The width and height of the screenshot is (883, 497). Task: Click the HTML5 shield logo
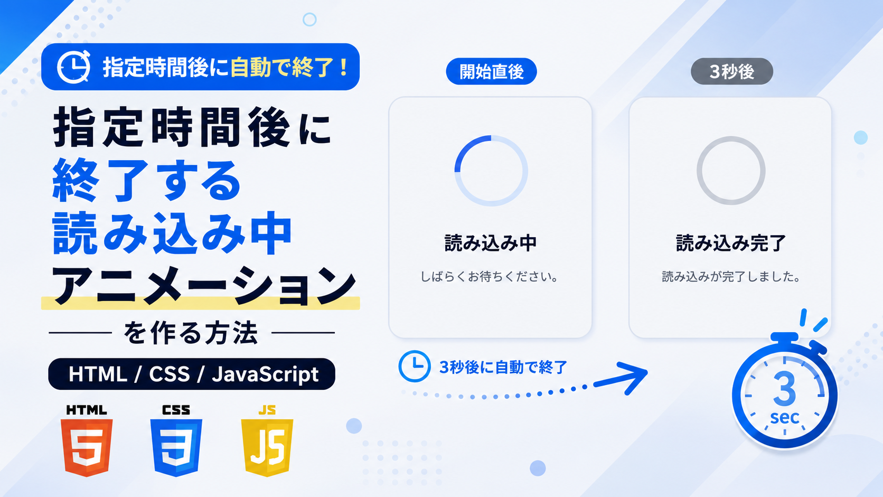[x=87, y=447]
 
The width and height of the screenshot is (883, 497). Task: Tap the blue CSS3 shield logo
[x=176, y=447]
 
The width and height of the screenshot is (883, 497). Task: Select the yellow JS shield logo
[x=267, y=447]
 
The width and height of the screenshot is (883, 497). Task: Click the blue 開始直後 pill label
[x=491, y=71]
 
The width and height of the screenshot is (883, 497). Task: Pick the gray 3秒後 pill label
[x=731, y=71]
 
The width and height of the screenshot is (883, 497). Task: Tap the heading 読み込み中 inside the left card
[x=491, y=243]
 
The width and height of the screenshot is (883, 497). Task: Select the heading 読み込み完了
[x=731, y=243]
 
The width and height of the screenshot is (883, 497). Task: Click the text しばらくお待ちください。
[x=490, y=277]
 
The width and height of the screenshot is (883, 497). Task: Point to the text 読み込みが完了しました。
[x=731, y=277]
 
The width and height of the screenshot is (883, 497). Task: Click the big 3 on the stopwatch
[x=784, y=389]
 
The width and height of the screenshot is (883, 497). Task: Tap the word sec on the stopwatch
[x=784, y=417]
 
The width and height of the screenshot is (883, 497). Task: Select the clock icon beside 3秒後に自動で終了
[x=414, y=366]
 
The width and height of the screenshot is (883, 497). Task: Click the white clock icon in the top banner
[x=74, y=67]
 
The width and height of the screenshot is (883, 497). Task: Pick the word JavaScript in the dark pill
[x=265, y=374]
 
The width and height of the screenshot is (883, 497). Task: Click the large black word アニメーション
[x=203, y=285]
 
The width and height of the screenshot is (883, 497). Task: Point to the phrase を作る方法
[x=191, y=333]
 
